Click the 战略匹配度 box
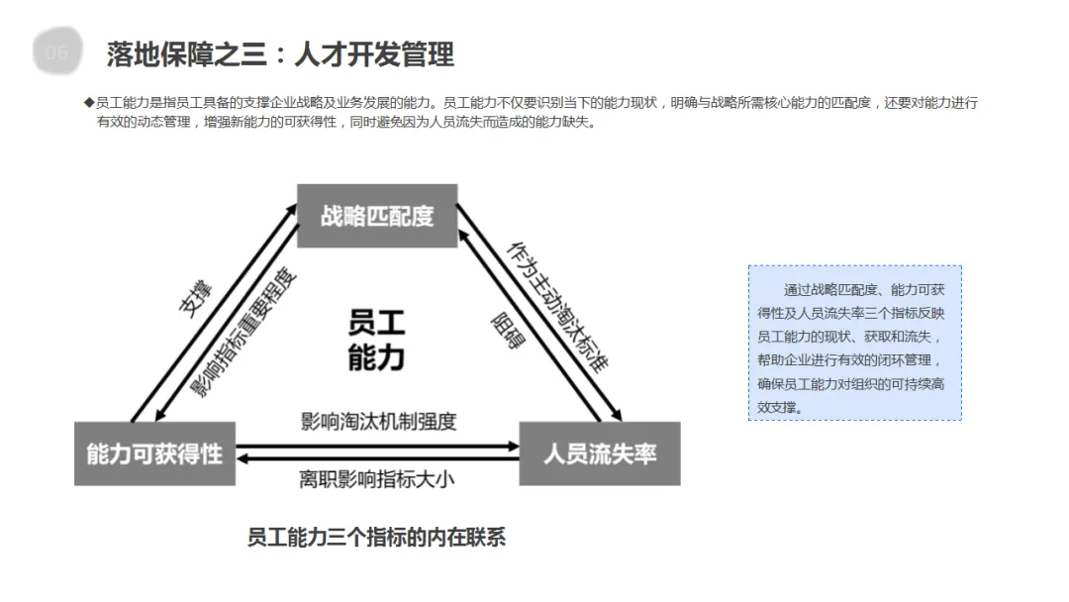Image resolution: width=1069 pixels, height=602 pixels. (377, 215)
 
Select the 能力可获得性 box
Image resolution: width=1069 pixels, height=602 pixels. (154, 453)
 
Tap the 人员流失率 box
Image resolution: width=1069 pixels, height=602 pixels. (600, 453)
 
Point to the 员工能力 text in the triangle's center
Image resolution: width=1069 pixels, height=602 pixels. (376, 340)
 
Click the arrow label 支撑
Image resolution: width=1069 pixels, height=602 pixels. (195, 298)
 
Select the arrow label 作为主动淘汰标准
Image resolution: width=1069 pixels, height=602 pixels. (556, 306)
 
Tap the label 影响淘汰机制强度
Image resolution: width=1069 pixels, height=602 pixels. (378, 421)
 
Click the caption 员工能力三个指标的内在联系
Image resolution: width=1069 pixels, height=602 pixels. (376, 538)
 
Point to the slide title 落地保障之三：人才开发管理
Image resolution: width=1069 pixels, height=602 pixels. (280, 53)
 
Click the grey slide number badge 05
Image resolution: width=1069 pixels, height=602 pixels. (57, 52)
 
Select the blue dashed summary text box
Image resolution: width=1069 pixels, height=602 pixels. (854, 343)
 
